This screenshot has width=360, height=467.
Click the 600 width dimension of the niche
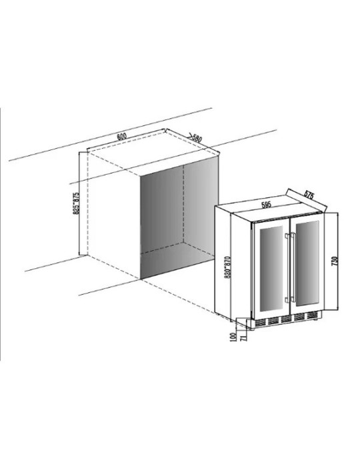tap(122, 137)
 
